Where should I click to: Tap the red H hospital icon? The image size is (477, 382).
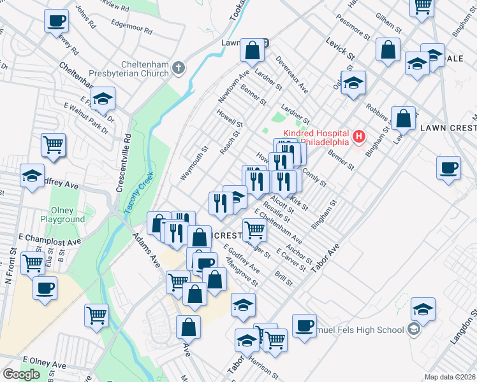tap(359, 136)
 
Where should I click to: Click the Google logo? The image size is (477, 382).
tap(21, 374)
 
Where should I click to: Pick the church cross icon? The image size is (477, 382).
tap(180, 67)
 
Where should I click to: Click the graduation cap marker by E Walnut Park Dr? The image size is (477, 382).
tap(102, 99)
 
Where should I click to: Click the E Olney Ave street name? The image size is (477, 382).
tap(45, 364)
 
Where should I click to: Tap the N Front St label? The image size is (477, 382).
tap(9, 267)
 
